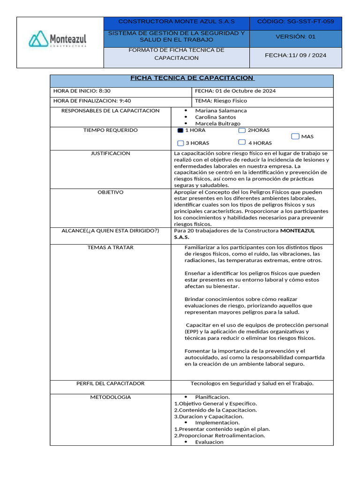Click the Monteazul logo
[x=58, y=39]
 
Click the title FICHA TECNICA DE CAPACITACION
[x=191, y=78]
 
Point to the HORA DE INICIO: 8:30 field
[x=82, y=91]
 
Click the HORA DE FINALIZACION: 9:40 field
[x=92, y=101]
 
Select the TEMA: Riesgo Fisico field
[x=221, y=101]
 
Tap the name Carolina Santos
[x=216, y=117]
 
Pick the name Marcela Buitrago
[x=217, y=124]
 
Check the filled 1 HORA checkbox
[x=180, y=130]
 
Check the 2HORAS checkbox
[x=242, y=130]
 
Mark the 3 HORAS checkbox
[x=180, y=143]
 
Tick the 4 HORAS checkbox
[x=242, y=142]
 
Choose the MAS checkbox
[x=295, y=136]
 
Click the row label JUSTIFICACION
[x=111, y=154]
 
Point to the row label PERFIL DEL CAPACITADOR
[x=111, y=383]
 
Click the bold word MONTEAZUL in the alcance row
[x=297, y=231]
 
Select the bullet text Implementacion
[x=217, y=422]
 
